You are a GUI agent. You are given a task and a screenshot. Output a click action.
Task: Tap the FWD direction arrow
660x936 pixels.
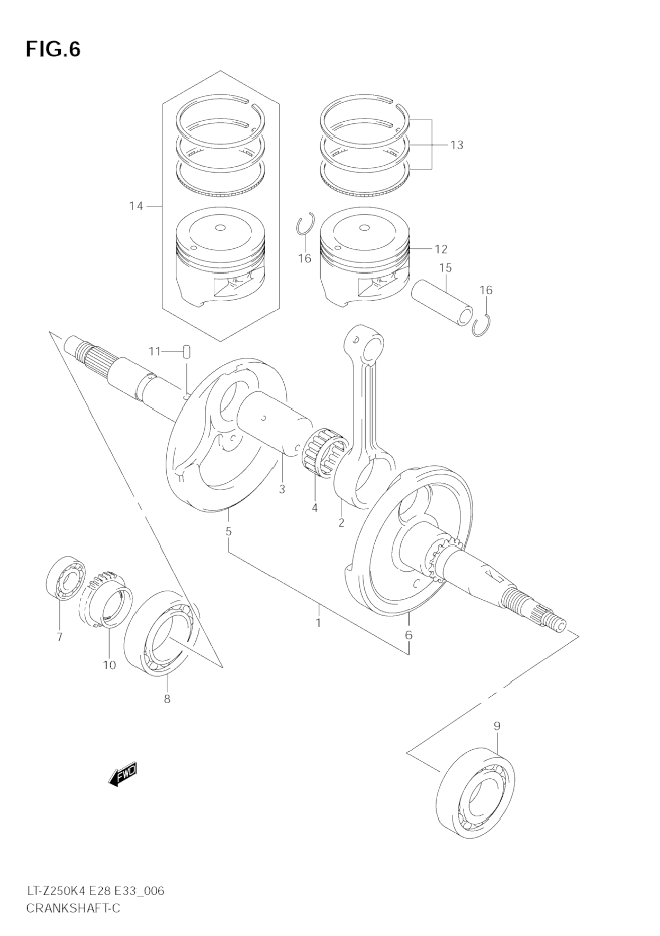[x=122, y=775]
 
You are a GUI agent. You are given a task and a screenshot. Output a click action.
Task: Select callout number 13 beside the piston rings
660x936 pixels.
[x=456, y=145]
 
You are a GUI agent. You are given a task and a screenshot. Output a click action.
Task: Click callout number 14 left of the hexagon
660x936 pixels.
[x=136, y=206]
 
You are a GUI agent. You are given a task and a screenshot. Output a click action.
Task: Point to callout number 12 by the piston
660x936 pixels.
[x=441, y=249]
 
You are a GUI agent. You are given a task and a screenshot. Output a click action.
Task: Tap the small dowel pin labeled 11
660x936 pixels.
[x=187, y=353]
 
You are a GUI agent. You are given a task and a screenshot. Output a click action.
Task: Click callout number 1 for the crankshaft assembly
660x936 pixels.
[x=319, y=623]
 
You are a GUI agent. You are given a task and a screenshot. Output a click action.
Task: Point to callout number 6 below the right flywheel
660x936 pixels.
[x=409, y=635]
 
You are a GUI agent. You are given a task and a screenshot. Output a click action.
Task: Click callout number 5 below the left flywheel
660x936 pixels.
[x=229, y=531]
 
